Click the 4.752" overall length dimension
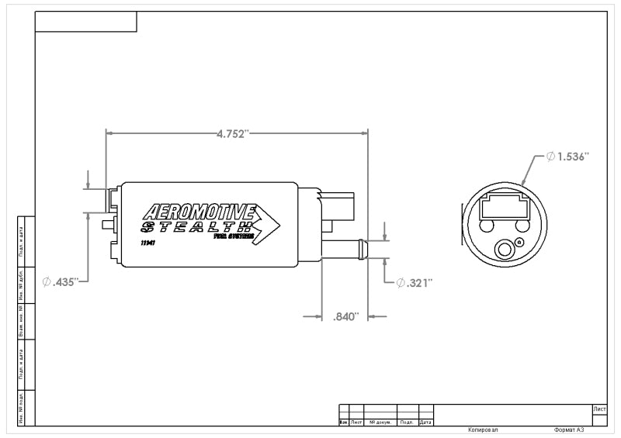point(232,133)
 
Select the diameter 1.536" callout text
point(568,157)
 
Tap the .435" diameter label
point(61,282)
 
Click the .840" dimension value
point(345,316)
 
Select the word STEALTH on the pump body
point(196,227)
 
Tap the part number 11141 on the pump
point(147,243)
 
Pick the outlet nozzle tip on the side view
point(361,250)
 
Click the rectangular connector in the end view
point(504,206)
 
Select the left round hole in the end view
point(487,226)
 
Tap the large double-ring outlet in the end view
point(505,250)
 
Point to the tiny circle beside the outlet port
point(519,243)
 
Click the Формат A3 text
point(569,429)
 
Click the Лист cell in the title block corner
point(598,408)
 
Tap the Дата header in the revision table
point(425,422)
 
